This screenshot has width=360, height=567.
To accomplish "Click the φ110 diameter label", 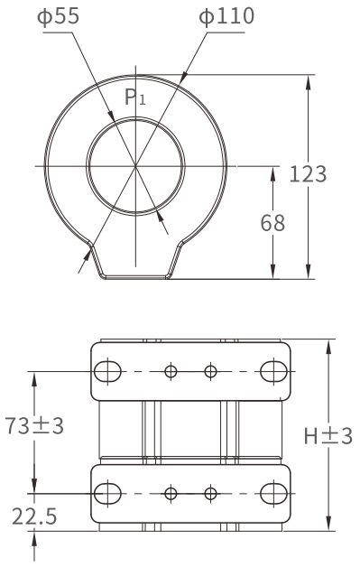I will [203, 16].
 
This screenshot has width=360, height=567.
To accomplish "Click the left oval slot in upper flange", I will [107, 371].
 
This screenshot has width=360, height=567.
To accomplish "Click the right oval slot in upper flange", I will [273, 371].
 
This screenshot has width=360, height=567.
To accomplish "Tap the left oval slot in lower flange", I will [107, 493].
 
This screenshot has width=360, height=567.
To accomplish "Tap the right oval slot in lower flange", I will [273, 493].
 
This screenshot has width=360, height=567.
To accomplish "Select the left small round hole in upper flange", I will [170, 371].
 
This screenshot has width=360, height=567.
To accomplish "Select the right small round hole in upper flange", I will [211, 371].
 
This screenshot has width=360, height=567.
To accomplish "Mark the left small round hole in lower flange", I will [170, 493].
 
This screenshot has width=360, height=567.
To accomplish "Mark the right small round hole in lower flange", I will [211, 493].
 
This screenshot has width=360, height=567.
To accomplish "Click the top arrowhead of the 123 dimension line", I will [309, 80].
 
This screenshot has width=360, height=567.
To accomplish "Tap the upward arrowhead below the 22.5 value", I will [36, 537].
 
